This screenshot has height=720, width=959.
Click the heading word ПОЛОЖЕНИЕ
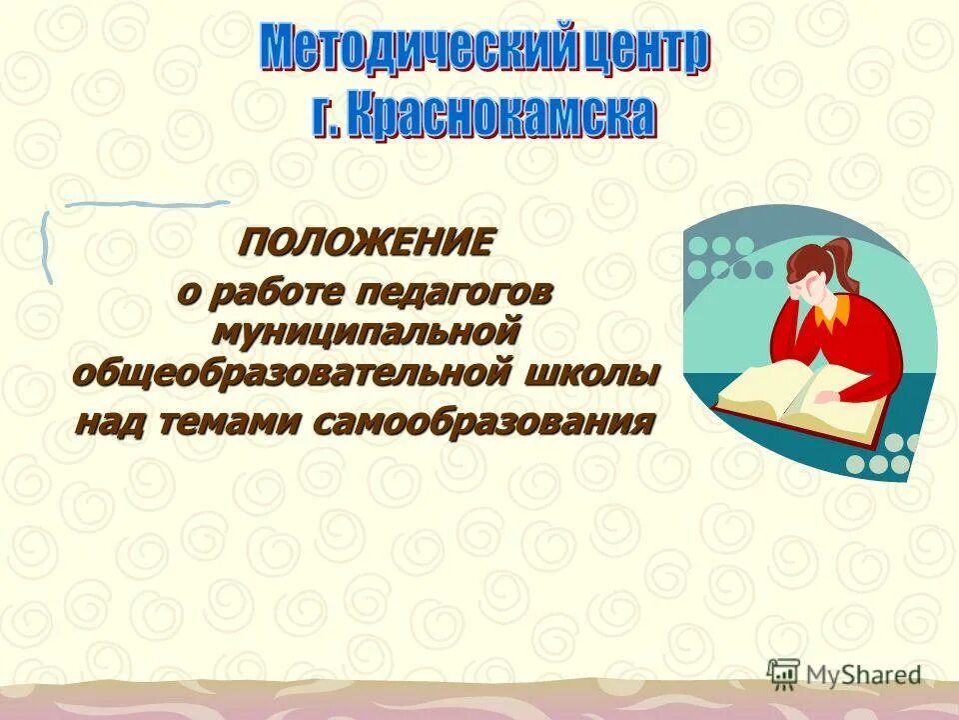(x=365, y=242)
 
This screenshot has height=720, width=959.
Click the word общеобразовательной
(x=291, y=372)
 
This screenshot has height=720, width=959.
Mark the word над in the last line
(x=111, y=421)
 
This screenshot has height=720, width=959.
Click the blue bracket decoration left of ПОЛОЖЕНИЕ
(x=46, y=245)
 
